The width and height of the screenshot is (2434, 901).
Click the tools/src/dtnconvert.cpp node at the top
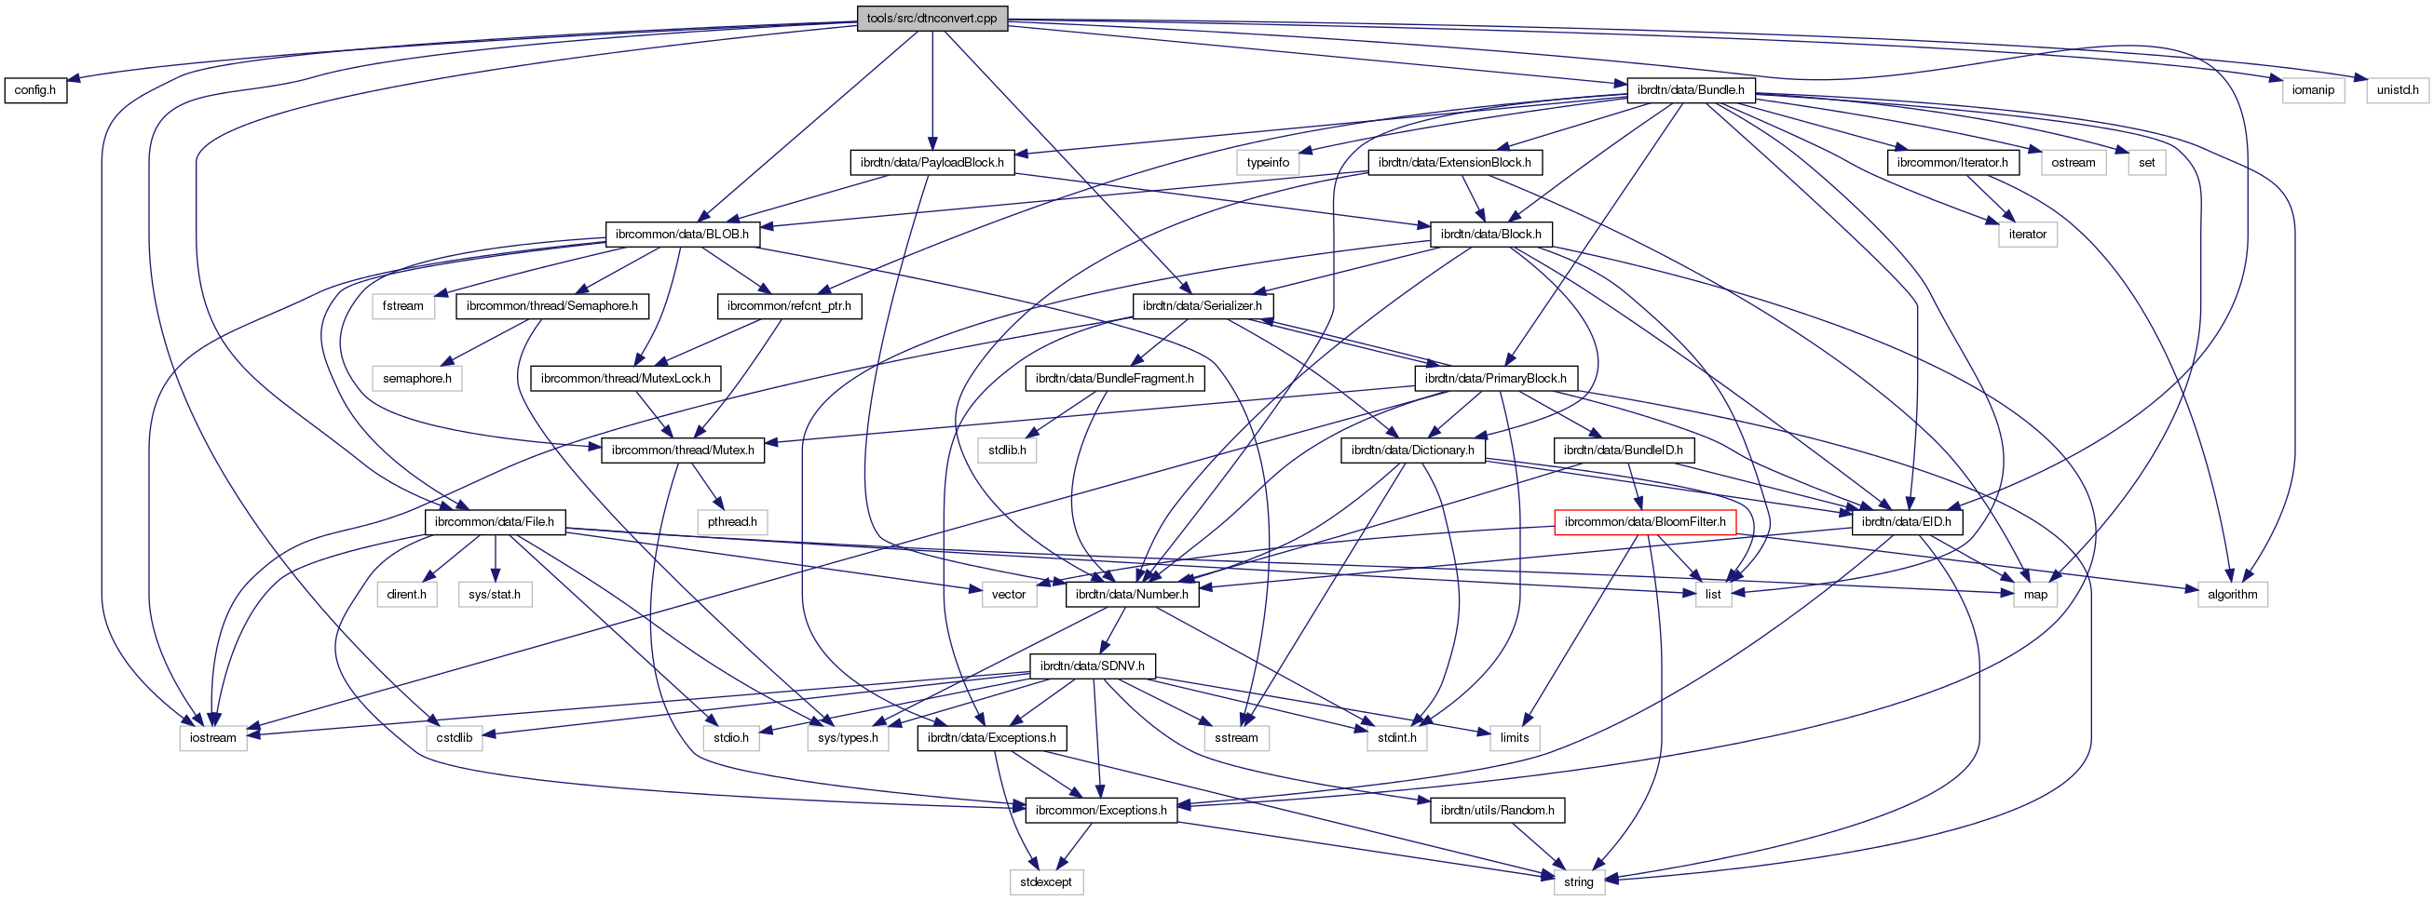pos(931,19)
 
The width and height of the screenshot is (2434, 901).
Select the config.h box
pos(35,90)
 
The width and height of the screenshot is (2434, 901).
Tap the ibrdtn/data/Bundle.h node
pos(1690,90)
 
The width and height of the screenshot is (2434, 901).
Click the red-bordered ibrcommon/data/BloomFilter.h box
pos(1644,522)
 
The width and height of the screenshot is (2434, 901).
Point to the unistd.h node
pos(2397,90)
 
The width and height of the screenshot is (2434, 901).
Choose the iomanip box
pos(2313,90)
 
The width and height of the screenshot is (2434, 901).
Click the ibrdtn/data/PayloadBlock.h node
pos(931,163)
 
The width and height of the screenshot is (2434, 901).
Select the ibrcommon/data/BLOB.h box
pos(681,235)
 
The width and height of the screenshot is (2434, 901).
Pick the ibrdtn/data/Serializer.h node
pos(1202,306)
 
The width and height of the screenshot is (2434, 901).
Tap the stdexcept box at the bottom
pos(1045,882)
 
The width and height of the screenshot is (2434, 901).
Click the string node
pos(1578,882)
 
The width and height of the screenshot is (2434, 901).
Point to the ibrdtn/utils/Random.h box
pos(1497,811)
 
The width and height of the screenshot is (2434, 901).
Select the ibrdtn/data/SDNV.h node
pos(1092,666)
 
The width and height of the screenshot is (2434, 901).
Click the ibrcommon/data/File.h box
pos(495,522)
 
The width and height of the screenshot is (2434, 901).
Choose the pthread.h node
pos(732,522)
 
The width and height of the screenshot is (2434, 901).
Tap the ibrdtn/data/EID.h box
pos(1907,522)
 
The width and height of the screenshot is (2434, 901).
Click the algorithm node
pos(2232,594)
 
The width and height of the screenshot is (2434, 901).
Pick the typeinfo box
pos(1267,163)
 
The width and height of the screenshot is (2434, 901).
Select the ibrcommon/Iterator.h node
pos(1952,163)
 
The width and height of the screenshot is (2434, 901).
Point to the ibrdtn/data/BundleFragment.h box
pos(1114,379)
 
